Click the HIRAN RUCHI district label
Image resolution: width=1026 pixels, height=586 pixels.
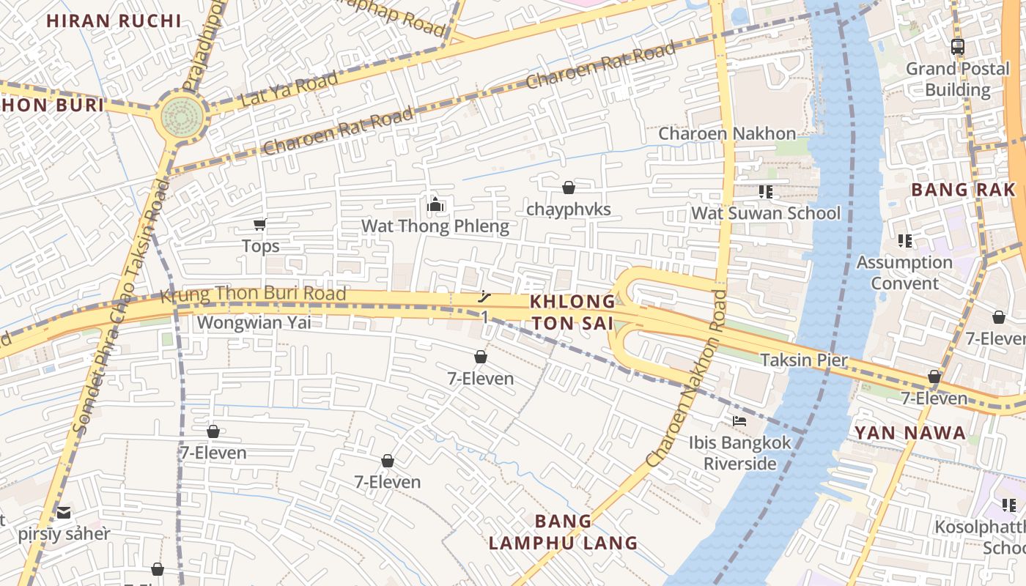click(114, 21)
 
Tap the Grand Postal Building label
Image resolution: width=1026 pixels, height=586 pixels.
click(957, 79)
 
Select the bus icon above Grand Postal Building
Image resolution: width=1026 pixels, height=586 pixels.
click(957, 47)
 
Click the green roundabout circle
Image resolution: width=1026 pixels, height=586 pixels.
click(182, 115)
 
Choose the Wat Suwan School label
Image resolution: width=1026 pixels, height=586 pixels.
click(766, 213)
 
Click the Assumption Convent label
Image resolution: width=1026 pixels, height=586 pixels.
click(904, 272)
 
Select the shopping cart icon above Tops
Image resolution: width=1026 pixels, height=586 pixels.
click(259, 224)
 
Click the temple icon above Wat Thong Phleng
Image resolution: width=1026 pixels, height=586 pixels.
click(435, 204)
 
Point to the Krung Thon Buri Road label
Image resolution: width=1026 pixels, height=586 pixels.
click(253, 294)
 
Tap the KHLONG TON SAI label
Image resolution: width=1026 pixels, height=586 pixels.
click(572, 312)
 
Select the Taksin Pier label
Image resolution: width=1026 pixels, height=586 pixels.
click(803, 360)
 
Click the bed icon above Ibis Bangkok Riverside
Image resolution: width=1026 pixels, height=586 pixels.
click(739, 421)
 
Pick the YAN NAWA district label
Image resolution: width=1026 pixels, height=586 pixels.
click(909, 433)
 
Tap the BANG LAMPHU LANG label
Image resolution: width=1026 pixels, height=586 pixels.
click(563, 533)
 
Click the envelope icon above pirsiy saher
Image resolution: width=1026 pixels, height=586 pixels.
click(64, 512)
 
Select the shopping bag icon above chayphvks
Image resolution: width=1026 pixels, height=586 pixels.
click(568, 188)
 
